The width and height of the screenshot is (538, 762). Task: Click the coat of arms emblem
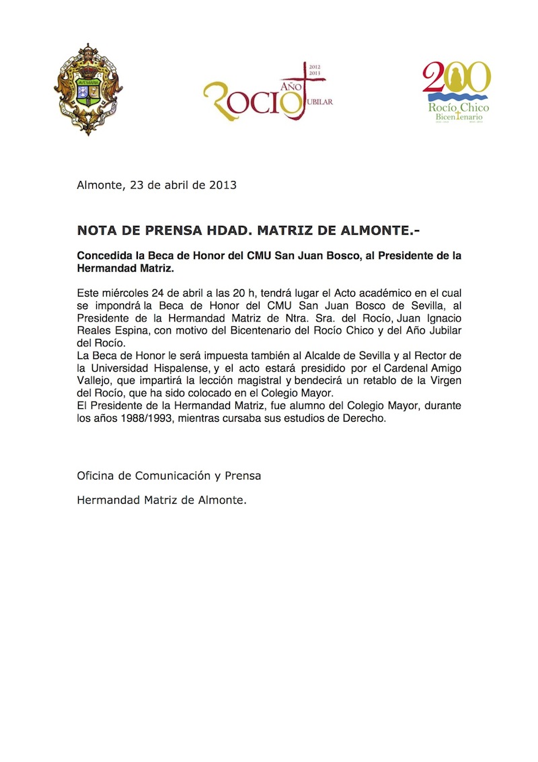[87, 89]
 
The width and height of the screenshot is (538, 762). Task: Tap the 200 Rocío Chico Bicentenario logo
[457, 92]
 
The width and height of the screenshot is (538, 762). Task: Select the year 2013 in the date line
[223, 185]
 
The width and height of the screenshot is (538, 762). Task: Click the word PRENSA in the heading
[168, 231]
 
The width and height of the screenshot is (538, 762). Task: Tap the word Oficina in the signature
[98, 475]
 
